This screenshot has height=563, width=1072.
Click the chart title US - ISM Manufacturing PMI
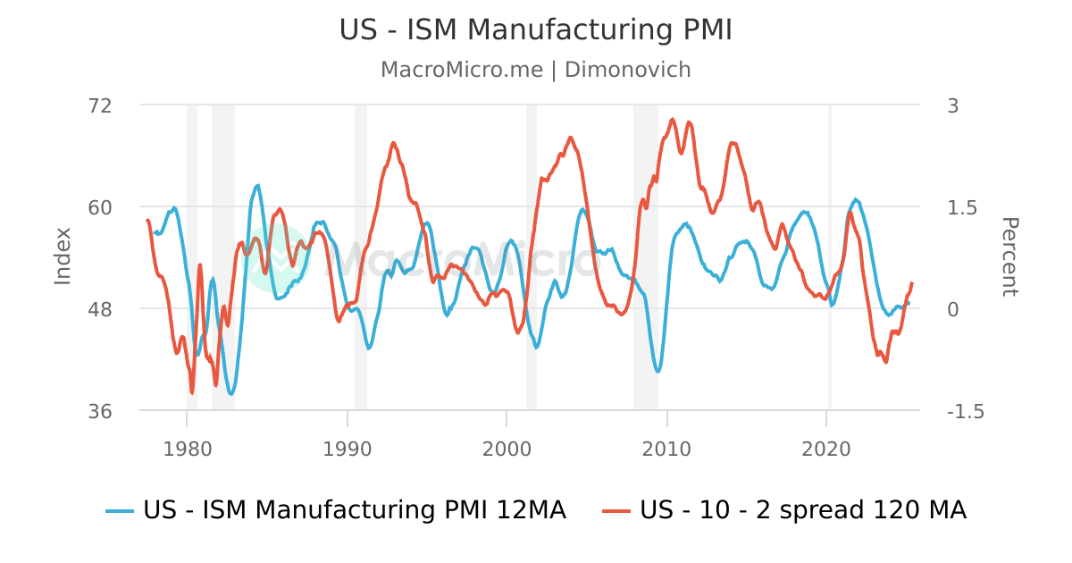[535, 29]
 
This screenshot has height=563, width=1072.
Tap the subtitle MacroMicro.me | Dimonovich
[535, 70]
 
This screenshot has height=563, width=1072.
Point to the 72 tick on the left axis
[100, 105]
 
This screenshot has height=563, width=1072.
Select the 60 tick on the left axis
[100, 207]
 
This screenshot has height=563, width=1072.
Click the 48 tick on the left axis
[100, 309]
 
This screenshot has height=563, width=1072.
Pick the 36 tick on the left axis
[100, 411]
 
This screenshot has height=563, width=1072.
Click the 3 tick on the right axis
[952, 105]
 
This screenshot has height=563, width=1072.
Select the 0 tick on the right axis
[952, 309]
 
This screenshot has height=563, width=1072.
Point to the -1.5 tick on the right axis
[965, 411]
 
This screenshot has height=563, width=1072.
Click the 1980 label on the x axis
[187, 447]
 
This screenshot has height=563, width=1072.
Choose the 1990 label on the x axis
[347, 447]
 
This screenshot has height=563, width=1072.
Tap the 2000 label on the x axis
[507, 447]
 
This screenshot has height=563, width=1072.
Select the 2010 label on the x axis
[666, 447]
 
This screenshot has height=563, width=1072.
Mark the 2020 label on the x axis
[826, 447]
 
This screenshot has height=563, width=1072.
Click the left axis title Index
[63, 256]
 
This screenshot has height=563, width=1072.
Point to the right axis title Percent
[1009, 256]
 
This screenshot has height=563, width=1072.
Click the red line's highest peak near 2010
[672, 119]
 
